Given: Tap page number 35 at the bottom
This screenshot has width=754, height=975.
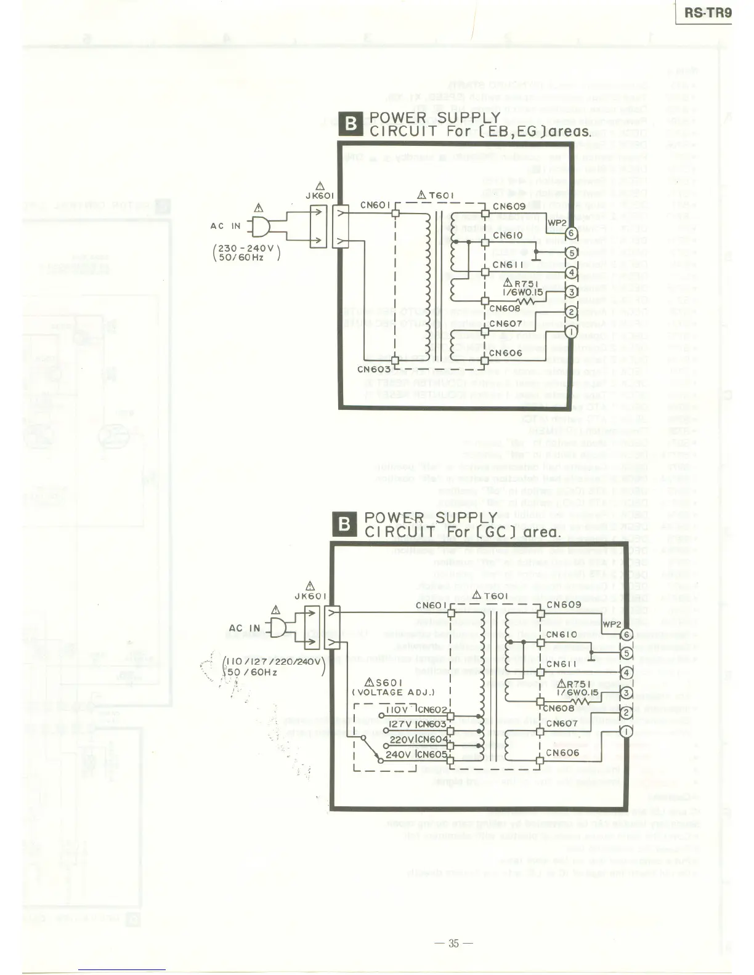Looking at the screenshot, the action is (454, 943).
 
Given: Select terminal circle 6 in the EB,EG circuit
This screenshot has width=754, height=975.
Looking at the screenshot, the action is (571, 233).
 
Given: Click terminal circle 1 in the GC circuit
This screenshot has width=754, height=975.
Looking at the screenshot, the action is (626, 731).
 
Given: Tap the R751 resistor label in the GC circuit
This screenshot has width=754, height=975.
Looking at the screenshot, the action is (578, 683).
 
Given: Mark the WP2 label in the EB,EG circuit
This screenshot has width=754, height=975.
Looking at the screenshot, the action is (556, 222).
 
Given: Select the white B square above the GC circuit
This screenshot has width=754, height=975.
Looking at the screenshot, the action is (344, 524).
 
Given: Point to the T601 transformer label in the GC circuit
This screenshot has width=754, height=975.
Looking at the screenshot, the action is (490, 596).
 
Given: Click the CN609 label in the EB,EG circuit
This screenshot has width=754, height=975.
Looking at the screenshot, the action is (509, 207).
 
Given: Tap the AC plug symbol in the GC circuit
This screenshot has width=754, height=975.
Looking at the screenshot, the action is (277, 628).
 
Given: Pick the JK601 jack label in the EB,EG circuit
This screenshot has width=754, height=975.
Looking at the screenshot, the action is (320, 196).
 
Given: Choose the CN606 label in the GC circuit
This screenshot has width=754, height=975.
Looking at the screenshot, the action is (563, 752).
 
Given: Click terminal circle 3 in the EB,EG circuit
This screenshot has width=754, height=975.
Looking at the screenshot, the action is (571, 292).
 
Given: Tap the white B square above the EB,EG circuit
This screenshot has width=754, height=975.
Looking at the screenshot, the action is (351, 124).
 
